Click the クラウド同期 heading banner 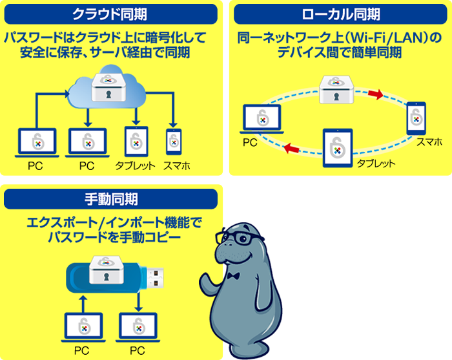[110, 14]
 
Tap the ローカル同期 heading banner [340, 14]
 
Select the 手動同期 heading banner [110, 199]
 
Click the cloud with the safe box [107, 87]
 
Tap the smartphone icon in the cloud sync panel [174, 142]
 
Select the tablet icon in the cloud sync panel [136, 142]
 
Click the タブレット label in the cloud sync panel [135, 166]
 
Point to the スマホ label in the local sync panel [429, 142]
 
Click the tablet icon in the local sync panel [338, 148]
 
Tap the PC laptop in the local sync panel [262, 119]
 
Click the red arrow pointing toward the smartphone [376, 94]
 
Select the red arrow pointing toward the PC [291, 148]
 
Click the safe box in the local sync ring [336, 89]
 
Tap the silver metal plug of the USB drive [156, 278]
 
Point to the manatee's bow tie [233, 276]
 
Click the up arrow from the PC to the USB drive [83, 304]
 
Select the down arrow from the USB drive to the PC [139, 302]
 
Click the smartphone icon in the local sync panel [416, 118]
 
